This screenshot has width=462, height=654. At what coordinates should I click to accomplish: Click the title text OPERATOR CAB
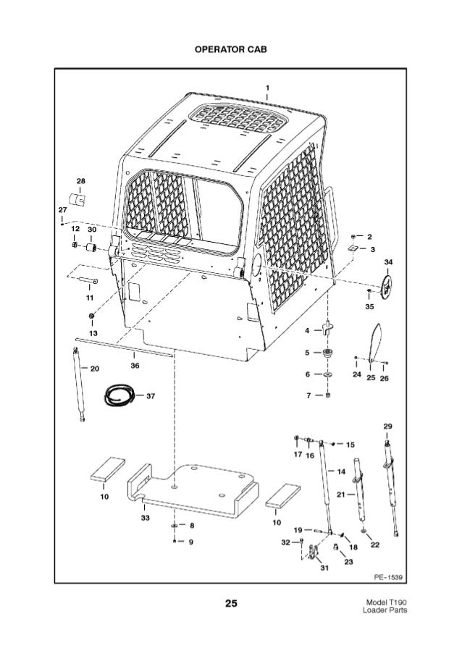click(230, 52)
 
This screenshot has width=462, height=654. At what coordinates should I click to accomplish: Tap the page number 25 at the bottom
click(231, 602)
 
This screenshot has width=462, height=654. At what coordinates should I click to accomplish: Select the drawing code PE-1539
click(388, 577)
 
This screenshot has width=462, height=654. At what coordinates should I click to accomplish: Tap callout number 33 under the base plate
click(146, 519)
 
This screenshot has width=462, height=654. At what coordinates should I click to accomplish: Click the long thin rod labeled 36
click(123, 347)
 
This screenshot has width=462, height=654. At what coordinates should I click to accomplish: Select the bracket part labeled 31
click(312, 556)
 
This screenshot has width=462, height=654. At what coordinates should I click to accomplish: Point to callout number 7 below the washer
click(309, 396)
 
